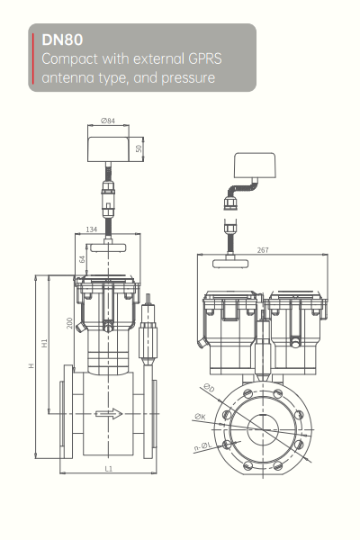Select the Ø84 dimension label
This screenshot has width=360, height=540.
coord(111,120)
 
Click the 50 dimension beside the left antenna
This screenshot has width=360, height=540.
coord(139,148)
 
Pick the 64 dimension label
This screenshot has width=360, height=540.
coord(82,260)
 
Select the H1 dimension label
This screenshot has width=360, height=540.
coord(45,343)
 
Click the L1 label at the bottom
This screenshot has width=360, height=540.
coord(109,468)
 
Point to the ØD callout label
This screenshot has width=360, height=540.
coord(209,388)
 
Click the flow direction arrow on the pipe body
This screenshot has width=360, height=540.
coord(109,414)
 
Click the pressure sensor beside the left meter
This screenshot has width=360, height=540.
coord(149,338)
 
